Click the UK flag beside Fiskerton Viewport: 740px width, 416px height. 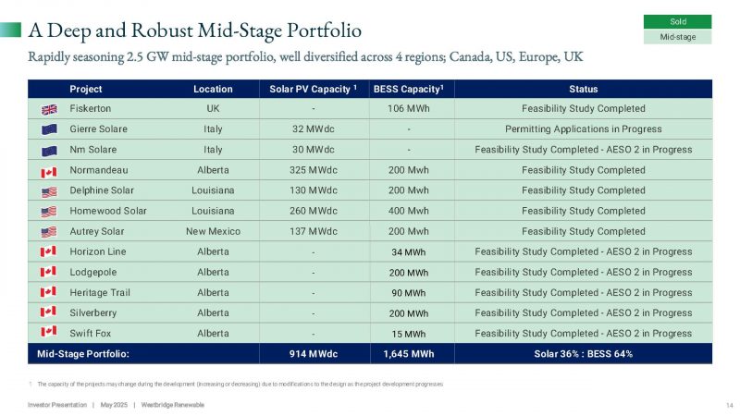[x=49, y=109]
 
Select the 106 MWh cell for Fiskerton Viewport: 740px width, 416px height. [x=408, y=109]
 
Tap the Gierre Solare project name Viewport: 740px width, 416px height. [x=98, y=129]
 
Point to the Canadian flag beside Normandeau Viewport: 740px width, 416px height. [x=49, y=171]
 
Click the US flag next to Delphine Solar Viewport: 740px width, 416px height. [x=49, y=191]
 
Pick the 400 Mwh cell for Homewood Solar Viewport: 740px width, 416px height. [x=408, y=211]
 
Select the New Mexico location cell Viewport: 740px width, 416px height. [x=213, y=231]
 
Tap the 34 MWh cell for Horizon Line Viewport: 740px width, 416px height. [x=408, y=252]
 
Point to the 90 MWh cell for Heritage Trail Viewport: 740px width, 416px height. [x=408, y=293]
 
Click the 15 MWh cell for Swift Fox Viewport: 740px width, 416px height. [x=408, y=334]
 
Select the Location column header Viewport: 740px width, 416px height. [x=213, y=90]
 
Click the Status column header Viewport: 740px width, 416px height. [x=584, y=90]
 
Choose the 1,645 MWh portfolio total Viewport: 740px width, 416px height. [x=408, y=354]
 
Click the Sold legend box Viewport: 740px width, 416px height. [x=677, y=21]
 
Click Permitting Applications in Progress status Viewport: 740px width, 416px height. [x=583, y=129]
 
